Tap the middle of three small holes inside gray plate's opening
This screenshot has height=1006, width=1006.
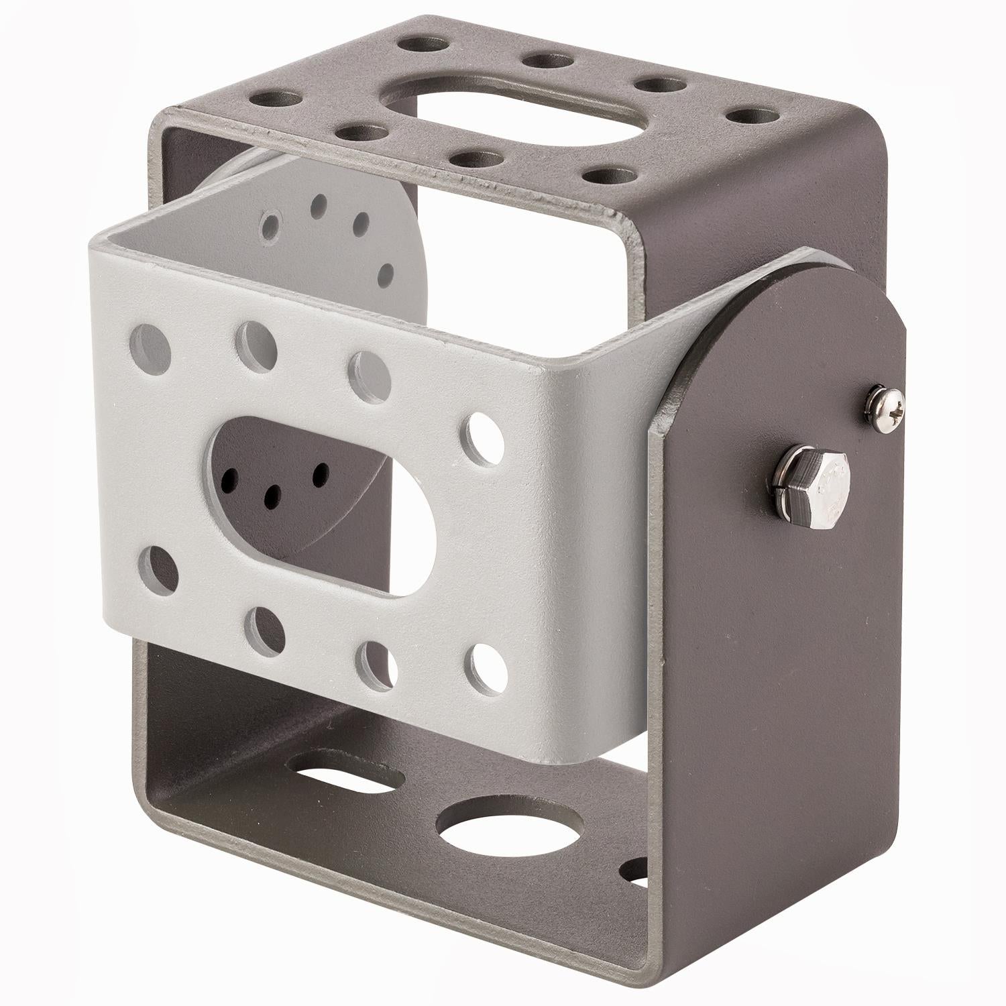(x=273, y=496)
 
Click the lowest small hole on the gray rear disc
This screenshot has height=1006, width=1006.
(x=386, y=274)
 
